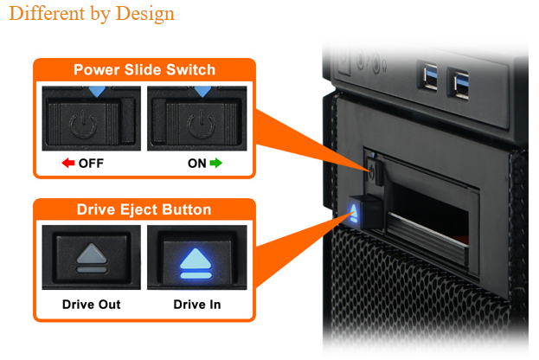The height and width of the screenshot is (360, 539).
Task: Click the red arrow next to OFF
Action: (67, 163)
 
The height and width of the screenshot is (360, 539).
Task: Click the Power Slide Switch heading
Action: (144, 70)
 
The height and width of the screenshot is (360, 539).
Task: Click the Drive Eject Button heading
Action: (144, 210)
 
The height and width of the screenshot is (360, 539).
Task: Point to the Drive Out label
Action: (91, 304)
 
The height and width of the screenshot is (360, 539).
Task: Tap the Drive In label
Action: (197, 304)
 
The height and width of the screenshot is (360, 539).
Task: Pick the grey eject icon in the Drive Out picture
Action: (91, 258)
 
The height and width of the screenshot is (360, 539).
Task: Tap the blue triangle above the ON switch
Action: (202, 89)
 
